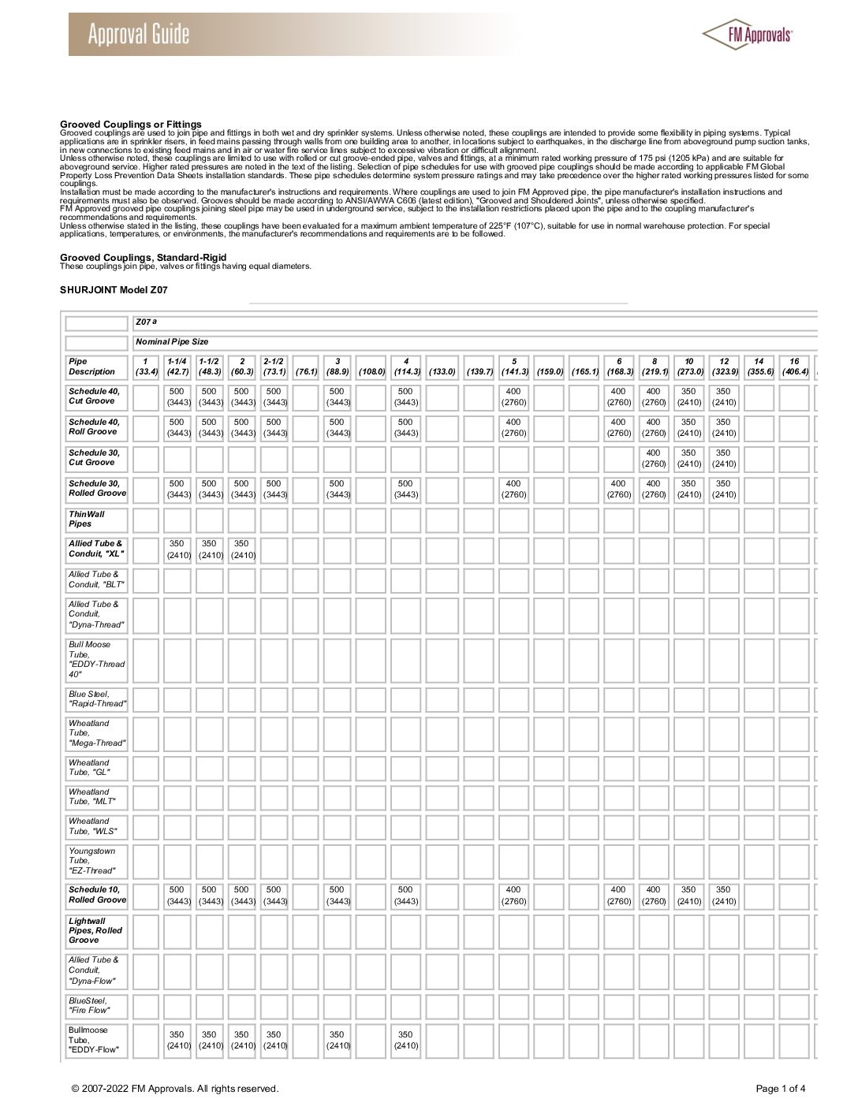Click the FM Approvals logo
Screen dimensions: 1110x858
pyautogui.click(x=747, y=33)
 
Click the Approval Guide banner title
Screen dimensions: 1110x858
pyautogui.click(x=139, y=35)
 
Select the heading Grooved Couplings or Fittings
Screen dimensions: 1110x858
pyautogui.click(x=131, y=124)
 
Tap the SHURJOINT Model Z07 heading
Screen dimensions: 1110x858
pyautogui.click(x=114, y=290)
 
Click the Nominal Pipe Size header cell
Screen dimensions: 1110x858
pyautogui.click(x=172, y=342)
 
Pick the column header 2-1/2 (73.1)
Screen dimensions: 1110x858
pyautogui.click(x=274, y=367)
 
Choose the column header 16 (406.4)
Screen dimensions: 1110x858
pyautogui.click(x=794, y=367)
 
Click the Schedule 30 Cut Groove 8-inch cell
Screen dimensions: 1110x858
pyautogui.click(x=653, y=458)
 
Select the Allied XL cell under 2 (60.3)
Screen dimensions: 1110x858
pyautogui.click(x=241, y=549)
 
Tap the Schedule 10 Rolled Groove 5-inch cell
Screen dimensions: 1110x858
pyautogui.click(x=513, y=896)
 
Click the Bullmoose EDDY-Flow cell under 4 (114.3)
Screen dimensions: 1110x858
pyautogui.click(x=405, y=1040)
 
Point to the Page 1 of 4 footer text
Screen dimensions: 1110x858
pyautogui.click(x=781, y=1089)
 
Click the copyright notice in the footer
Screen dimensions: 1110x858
pyautogui.click(x=174, y=1089)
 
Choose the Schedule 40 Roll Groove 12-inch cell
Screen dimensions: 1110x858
pyautogui.click(x=723, y=427)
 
